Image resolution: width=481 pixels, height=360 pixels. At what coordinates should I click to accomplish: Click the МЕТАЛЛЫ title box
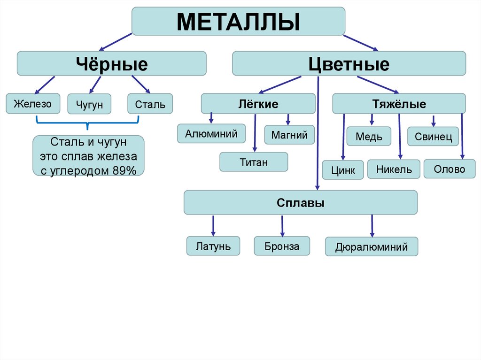point(238,21)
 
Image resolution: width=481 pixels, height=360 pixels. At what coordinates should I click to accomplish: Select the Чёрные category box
point(112,63)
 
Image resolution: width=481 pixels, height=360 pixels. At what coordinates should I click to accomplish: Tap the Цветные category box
point(349,63)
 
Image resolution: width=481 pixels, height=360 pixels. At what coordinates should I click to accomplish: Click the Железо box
point(33,103)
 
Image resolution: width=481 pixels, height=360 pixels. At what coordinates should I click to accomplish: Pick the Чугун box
point(89,104)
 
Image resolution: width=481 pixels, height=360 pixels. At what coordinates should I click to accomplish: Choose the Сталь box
point(150,104)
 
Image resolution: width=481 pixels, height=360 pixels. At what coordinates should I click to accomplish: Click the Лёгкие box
point(258,103)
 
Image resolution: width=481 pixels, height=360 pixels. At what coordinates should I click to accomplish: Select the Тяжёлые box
point(399,103)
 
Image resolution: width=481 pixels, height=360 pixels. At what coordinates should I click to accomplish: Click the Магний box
point(289,135)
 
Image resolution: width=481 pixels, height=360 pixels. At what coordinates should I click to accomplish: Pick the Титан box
point(254,162)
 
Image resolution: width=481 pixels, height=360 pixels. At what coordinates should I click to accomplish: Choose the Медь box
point(369,137)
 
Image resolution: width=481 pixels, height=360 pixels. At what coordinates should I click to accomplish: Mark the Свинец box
point(433,137)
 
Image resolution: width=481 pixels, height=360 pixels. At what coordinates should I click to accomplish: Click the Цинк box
point(342,170)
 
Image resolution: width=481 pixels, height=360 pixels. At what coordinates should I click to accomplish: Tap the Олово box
point(449,169)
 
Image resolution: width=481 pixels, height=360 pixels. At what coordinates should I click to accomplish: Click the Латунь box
point(213,246)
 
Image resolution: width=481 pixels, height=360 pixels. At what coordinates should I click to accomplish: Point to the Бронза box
point(282,246)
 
